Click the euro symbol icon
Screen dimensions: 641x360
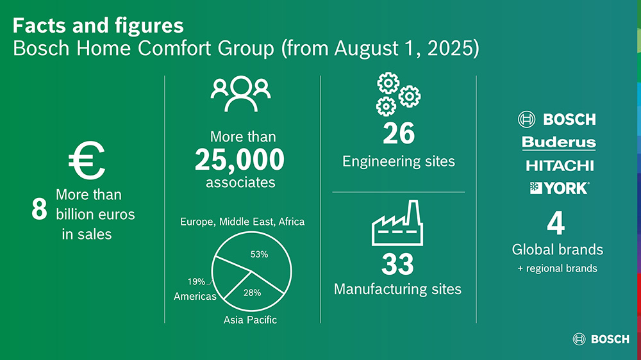pyautogui.click(x=87, y=160)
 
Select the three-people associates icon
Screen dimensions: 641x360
pyautogui.click(x=240, y=94)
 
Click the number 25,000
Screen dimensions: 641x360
pyautogui.click(x=240, y=160)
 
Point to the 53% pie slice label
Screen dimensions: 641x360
pyautogui.click(x=259, y=254)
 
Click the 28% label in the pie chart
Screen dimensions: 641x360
pyautogui.click(x=252, y=293)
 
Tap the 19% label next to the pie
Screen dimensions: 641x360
pyautogui.click(x=196, y=282)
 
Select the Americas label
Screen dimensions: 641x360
pyautogui.click(x=195, y=296)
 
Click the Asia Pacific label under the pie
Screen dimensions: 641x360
pyautogui.click(x=250, y=320)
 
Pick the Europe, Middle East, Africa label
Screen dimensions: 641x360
pyautogui.click(x=242, y=222)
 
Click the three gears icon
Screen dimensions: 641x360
pyautogui.click(x=398, y=94)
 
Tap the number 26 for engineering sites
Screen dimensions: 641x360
pyautogui.click(x=399, y=133)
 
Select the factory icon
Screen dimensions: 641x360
pyautogui.click(x=397, y=223)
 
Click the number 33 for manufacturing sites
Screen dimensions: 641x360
pyautogui.click(x=397, y=265)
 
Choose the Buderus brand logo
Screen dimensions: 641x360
pyautogui.click(x=559, y=143)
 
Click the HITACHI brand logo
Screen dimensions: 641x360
pyautogui.click(x=560, y=165)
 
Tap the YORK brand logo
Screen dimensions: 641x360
pyautogui.click(x=559, y=188)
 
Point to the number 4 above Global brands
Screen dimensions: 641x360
pyautogui.click(x=556, y=223)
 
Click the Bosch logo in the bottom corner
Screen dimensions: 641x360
pyautogui.click(x=601, y=339)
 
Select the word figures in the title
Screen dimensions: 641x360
pyautogui.click(x=149, y=26)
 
